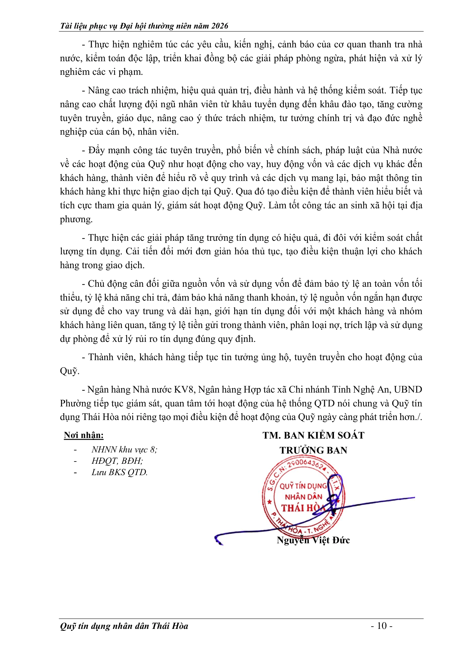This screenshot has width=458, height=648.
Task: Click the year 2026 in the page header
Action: tap(219, 26)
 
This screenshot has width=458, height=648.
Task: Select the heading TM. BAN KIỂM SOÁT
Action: tap(313, 435)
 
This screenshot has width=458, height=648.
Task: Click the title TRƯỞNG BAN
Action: tap(313, 450)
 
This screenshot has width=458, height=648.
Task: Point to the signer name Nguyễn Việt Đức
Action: tap(313, 540)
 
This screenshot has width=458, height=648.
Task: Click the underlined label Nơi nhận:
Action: tap(84, 435)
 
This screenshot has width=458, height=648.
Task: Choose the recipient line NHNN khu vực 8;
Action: tap(124, 449)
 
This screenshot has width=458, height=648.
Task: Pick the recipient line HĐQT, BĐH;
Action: tap(117, 461)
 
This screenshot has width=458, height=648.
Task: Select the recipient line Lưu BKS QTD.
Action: tap(120, 472)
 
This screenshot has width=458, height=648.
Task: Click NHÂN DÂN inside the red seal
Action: tap(303, 497)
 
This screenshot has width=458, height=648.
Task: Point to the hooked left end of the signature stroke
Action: tap(218, 540)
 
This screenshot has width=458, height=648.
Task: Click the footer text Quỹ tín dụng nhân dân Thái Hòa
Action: tap(124, 626)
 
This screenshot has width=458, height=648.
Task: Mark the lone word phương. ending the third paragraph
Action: tap(76, 219)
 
